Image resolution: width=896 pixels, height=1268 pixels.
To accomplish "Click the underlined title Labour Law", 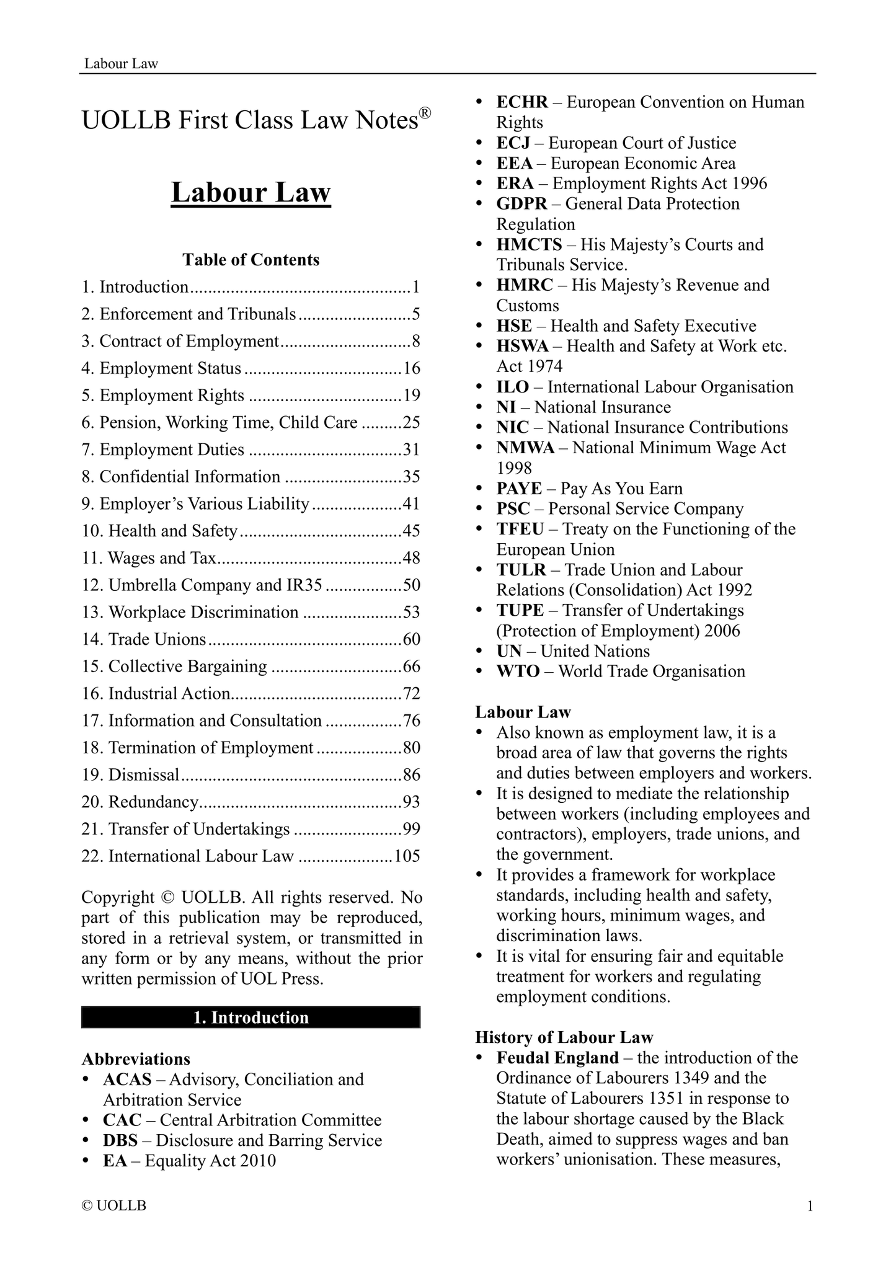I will click(x=251, y=192).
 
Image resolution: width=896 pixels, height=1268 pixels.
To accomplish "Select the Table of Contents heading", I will click(x=251, y=260).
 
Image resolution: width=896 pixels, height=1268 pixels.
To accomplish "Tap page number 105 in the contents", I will click(x=407, y=856).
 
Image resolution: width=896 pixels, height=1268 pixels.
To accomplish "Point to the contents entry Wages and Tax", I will click(x=162, y=558).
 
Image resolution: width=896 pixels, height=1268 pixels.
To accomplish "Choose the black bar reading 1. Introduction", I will click(x=251, y=1018).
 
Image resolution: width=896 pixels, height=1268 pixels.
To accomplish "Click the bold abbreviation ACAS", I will click(x=127, y=1080).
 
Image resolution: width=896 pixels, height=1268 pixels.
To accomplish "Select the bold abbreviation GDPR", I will click(x=522, y=204).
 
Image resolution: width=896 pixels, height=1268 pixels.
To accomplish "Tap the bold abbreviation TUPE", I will click(x=520, y=611).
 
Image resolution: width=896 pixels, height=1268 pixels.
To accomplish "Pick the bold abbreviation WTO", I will click(x=518, y=672).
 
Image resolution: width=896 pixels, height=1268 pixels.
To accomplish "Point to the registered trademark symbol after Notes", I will click(x=425, y=113).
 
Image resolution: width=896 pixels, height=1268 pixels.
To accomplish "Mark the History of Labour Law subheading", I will click(x=564, y=1037).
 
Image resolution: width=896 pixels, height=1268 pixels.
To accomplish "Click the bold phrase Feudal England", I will click(x=557, y=1058).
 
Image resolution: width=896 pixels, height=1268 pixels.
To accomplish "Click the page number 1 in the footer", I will click(x=810, y=1206).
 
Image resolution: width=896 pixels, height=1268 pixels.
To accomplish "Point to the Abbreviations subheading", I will click(x=136, y=1059).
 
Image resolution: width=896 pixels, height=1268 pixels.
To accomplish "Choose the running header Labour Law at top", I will click(x=121, y=63).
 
